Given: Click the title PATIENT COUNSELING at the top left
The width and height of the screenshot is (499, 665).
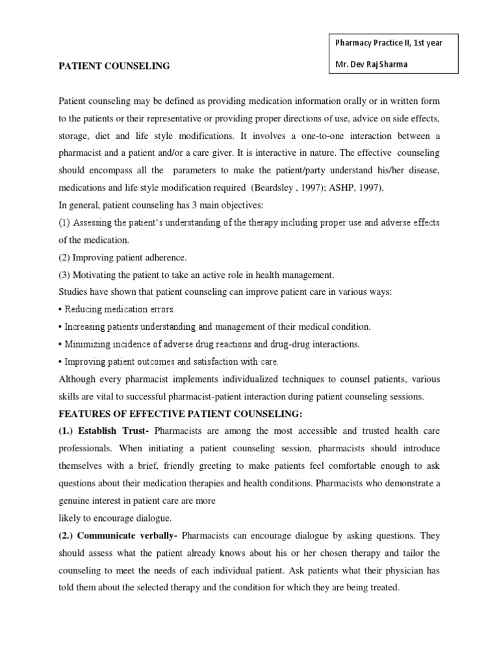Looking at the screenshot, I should (114, 66).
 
